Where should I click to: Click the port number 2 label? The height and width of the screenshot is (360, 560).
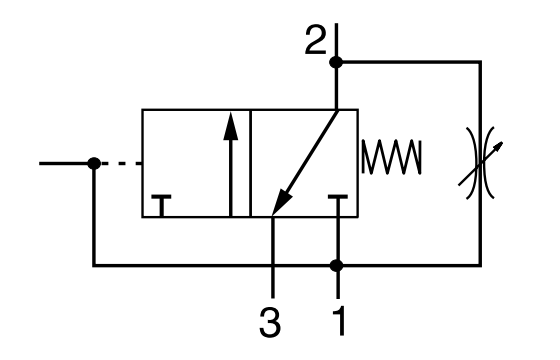tap(316, 41)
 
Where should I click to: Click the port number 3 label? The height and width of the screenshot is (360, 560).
tap(270, 323)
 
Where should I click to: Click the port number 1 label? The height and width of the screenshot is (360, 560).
tap(339, 321)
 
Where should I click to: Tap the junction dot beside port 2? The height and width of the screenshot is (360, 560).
tap(336, 62)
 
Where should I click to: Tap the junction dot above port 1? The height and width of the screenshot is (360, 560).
tap(336, 266)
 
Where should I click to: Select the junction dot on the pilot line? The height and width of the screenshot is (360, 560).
tap(94, 164)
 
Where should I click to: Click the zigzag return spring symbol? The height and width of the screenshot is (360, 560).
tap(392, 157)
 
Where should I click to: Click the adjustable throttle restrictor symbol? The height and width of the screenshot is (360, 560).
tap(481, 163)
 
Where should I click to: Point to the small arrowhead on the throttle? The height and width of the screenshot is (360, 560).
tap(499, 146)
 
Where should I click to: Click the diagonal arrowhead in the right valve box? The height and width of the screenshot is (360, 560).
tap(281, 202)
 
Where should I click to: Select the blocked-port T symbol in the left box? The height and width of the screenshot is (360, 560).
tap(161, 206)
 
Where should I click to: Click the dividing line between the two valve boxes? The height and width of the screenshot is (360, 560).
tap(250, 163)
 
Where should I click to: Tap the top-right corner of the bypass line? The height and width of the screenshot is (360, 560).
tap(480, 62)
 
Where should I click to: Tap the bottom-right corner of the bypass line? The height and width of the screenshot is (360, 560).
tap(480, 266)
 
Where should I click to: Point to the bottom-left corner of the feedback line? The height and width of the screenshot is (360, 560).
tap(94, 266)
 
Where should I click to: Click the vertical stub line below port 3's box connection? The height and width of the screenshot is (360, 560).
tap(273, 257)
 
